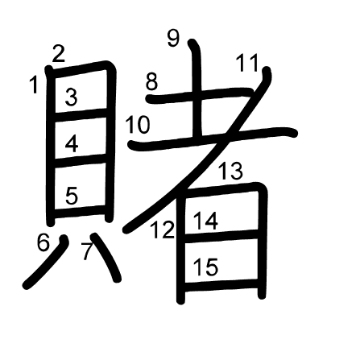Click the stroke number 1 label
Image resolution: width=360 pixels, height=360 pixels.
click(x=34, y=85)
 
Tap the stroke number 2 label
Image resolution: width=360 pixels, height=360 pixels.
click(x=59, y=54)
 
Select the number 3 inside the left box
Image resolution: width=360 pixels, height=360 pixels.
click(x=72, y=97)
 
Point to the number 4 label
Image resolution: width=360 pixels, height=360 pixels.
click(x=72, y=143)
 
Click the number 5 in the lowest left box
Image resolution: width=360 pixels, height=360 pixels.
click(x=72, y=196)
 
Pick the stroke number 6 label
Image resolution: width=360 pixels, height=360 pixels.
click(x=43, y=242)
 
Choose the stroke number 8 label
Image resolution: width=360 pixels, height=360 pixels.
click(x=151, y=81)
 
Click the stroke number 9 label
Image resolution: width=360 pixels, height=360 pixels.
click(x=173, y=38)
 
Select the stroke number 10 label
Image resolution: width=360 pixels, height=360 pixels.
click(x=138, y=125)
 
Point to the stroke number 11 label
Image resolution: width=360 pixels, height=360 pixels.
click(x=247, y=63)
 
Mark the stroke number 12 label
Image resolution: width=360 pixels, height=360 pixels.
click(x=163, y=230)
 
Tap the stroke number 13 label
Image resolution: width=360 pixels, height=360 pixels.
click(x=231, y=171)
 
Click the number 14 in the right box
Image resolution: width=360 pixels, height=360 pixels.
click(x=205, y=221)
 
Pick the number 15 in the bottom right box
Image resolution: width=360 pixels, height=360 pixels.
click(x=205, y=267)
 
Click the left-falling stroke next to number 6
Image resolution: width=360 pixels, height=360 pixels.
click(x=46, y=262)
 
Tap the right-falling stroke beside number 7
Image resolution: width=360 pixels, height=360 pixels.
click(x=106, y=256)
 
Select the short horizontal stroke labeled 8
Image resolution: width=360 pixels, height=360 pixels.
click(x=200, y=95)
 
